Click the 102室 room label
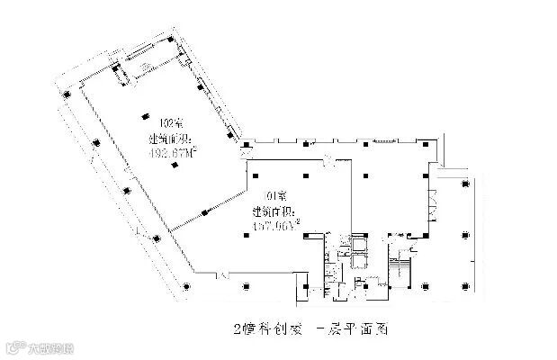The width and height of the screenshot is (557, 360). [x=167, y=124]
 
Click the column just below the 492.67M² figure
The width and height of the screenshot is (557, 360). [x=193, y=171]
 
